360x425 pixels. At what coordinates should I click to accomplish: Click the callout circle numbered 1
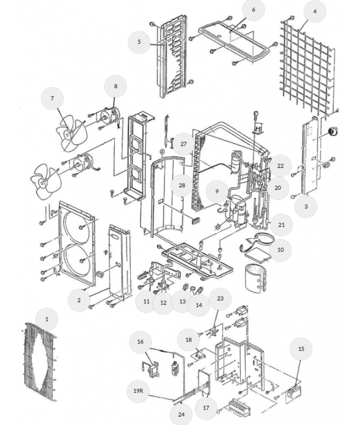46,319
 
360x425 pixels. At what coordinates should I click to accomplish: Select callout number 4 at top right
314,12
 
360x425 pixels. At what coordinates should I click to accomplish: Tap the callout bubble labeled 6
254,10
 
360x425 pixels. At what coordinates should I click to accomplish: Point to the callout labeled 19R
138,390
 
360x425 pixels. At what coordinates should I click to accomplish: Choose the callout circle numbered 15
301,349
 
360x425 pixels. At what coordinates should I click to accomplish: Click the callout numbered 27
184,143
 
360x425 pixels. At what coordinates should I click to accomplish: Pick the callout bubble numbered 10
280,250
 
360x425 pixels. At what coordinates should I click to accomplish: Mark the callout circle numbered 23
220,299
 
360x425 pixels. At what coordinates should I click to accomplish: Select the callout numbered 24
181,415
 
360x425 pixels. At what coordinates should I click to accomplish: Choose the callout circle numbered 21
281,225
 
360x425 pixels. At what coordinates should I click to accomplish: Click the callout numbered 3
306,207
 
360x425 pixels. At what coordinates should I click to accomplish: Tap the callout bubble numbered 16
140,342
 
